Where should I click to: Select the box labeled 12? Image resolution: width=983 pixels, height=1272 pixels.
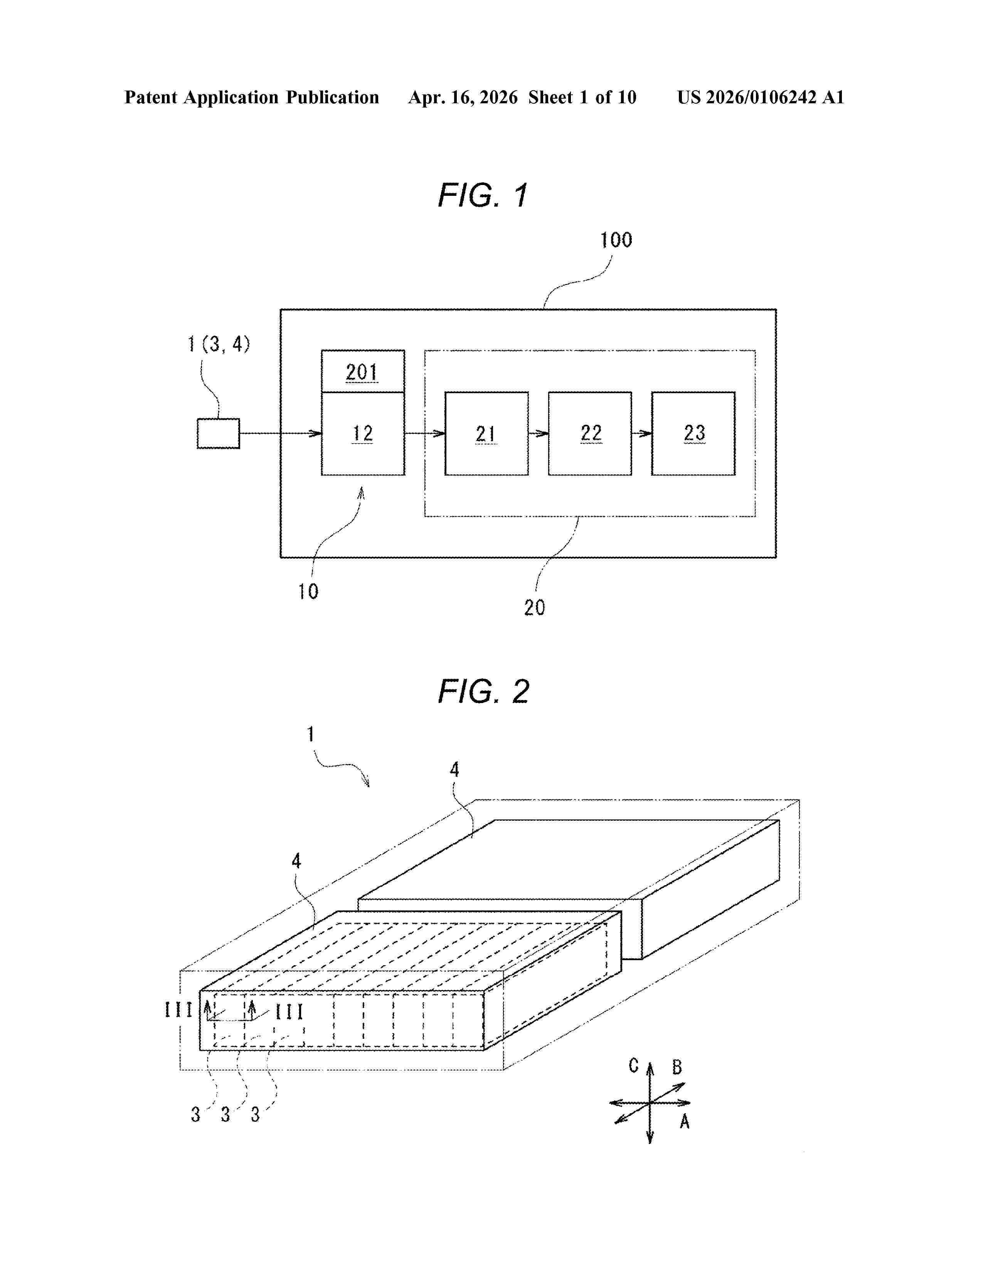[362, 433]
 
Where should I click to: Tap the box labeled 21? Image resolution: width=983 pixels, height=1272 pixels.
[486, 433]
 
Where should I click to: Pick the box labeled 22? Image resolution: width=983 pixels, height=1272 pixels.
[590, 433]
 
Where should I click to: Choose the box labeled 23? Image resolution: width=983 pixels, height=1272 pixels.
[693, 433]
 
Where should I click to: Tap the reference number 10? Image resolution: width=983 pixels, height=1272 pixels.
[308, 592]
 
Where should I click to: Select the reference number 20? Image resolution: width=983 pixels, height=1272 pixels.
[534, 607]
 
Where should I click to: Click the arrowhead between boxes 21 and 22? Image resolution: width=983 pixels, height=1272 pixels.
[543, 433]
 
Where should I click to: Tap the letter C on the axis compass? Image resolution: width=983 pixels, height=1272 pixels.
[634, 1066]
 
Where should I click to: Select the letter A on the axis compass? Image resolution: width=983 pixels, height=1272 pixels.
[685, 1121]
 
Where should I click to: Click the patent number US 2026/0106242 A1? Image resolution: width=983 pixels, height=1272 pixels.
[760, 97]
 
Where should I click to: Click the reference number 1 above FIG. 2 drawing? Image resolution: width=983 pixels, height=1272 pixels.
[310, 734]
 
